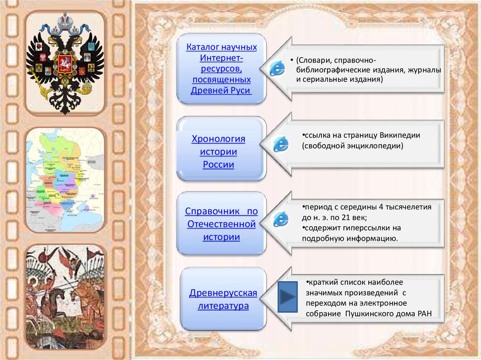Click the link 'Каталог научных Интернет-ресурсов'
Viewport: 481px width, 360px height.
[x=221, y=69]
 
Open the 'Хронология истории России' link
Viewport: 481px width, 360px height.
[x=218, y=152]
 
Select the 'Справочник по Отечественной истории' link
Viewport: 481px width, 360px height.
[x=221, y=224]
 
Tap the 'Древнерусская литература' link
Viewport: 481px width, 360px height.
[x=223, y=299]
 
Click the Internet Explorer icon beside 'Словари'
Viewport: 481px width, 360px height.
[x=277, y=69]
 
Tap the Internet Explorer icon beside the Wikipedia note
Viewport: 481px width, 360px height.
[x=281, y=144]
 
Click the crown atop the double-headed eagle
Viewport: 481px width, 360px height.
[x=65, y=21]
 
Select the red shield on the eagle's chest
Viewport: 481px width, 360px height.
[x=65, y=62]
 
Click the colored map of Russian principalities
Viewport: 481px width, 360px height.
[x=65, y=179]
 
